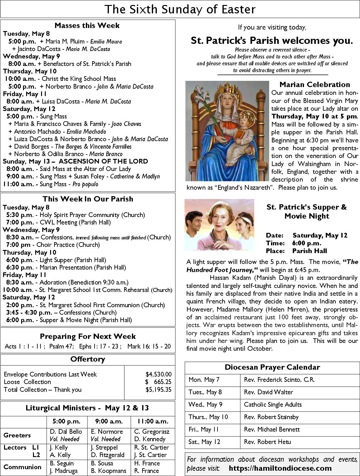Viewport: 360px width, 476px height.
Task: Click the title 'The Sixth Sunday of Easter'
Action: (x=180, y=9)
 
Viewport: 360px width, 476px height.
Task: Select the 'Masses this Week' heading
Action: (x=87, y=25)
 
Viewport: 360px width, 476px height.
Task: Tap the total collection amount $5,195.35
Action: (x=158, y=390)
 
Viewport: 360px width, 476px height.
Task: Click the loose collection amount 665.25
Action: (x=162, y=382)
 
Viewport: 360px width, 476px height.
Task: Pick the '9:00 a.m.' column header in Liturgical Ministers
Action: (x=109, y=422)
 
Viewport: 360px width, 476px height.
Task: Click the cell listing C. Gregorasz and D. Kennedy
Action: (x=152, y=435)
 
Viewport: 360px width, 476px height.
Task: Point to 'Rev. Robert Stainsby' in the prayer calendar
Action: (x=271, y=417)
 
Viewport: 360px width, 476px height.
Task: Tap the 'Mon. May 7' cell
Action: (x=204, y=380)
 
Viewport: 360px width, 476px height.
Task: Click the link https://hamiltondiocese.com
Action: (x=280, y=468)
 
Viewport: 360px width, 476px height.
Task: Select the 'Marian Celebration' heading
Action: (x=315, y=85)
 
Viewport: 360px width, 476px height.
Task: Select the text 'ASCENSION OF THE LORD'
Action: (x=103, y=161)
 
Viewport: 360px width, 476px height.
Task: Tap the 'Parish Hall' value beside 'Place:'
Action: (x=310, y=251)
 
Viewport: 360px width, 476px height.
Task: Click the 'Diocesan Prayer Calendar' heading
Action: (x=272, y=367)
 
